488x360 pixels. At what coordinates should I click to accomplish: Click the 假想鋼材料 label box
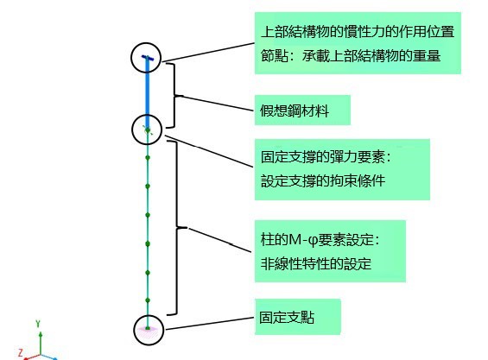pyautogui.click(x=302, y=111)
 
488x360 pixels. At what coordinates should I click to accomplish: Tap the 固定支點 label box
pyautogui.click(x=297, y=317)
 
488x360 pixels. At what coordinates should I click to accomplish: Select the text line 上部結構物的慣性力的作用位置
pyautogui.click(x=358, y=32)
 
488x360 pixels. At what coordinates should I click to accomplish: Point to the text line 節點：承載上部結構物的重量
pyautogui.click(x=351, y=56)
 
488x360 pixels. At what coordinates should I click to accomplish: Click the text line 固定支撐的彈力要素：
pyautogui.click(x=326, y=157)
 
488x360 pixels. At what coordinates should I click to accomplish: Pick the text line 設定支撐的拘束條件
pyautogui.click(x=323, y=180)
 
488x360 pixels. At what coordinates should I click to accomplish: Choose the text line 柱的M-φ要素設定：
pyautogui.click(x=320, y=240)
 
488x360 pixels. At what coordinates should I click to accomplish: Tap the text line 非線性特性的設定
pyautogui.click(x=316, y=264)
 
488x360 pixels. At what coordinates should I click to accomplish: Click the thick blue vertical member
pyautogui.click(x=148, y=93)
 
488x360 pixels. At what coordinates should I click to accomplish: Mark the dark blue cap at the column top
pyautogui.click(x=148, y=58)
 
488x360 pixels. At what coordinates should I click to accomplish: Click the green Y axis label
pyautogui.click(x=38, y=324)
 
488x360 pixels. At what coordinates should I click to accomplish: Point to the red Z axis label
pyautogui.click(x=21, y=353)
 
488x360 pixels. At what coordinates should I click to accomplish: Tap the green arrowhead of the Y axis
pyautogui.click(x=41, y=334)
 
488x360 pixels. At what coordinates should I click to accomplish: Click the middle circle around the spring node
pyautogui.click(x=147, y=115)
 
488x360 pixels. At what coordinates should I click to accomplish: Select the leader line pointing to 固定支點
pyautogui.click(x=210, y=324)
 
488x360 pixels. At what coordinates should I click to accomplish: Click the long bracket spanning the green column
pyautogui.click(x=177, y=228)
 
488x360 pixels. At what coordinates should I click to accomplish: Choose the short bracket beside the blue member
pyautogui.click(x=174, y=96)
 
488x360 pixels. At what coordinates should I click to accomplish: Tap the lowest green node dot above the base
pyautogui.click(x=148, y=300)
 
